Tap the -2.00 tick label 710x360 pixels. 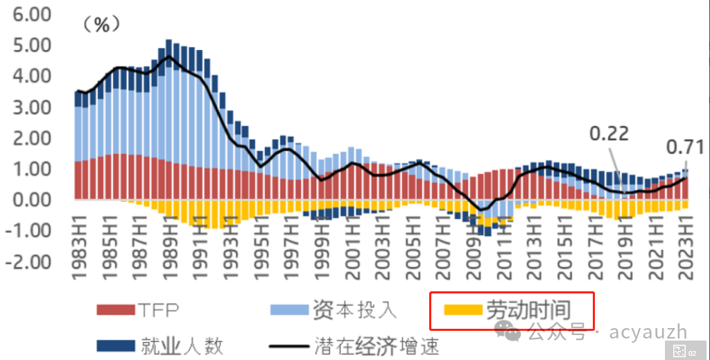pyautogui.click(x=29, y=262)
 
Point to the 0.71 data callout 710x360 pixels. pyautogui.click(x=684, y=147)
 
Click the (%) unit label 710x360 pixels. pyautogui.click(x=101, y=25)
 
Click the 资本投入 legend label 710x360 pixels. pyautogui.click(x=354, y=309)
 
